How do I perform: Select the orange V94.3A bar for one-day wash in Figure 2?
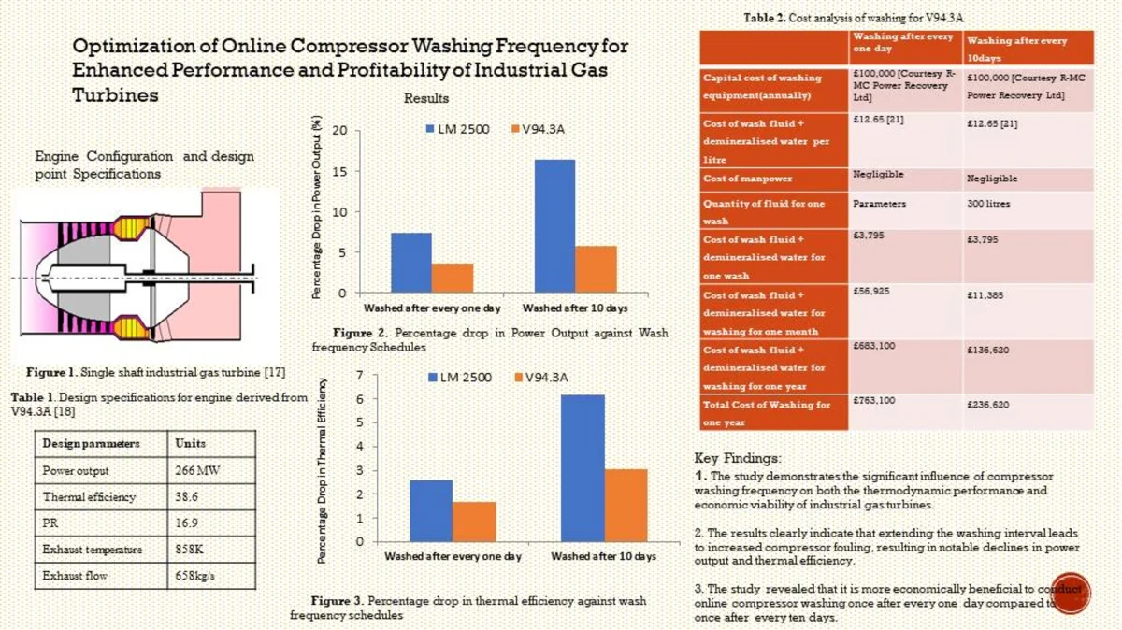coord(453,278)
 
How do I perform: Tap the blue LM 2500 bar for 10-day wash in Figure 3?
coord(583,467)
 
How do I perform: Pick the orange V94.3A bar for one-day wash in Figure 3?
coord(474,522)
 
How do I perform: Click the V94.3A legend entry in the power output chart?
coord(537,129)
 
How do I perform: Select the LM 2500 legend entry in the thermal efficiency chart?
coord(459,377)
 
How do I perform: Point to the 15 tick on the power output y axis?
coord(339,171)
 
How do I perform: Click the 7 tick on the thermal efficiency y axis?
coord(359,375)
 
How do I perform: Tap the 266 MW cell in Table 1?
coord(197,470)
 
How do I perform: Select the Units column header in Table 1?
coord(191,443)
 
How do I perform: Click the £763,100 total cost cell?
coord(875,401)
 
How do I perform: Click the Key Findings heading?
coord(738,459)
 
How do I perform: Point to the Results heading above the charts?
coord(426,98)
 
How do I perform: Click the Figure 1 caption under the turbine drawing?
coord(155,372)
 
